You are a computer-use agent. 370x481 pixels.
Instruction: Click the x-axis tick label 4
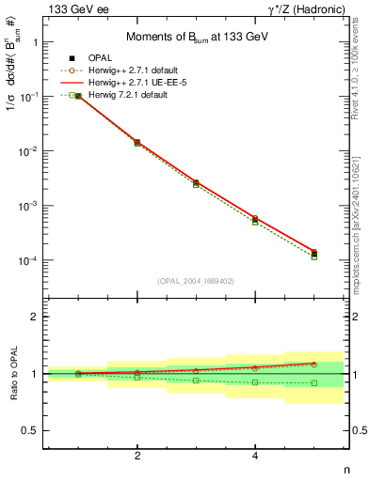pos(255,456)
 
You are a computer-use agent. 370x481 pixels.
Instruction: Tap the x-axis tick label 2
pos(137,456)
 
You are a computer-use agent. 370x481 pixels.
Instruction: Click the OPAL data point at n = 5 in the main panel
pos(314,253)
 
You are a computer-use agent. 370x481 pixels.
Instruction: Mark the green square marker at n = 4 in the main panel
pos(255,222)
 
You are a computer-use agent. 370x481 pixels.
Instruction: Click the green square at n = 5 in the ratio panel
pos(314,383)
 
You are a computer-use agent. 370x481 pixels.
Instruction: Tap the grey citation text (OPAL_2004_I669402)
pos(196,280)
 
